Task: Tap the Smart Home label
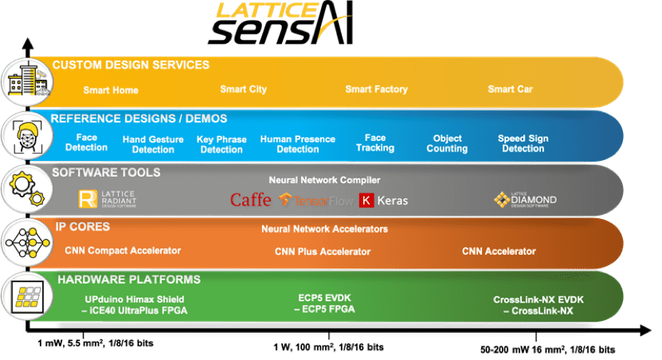coord(111,90)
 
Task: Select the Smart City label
coord(243,89)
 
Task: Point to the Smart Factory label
coord(376,89)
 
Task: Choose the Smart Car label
coord(510,89)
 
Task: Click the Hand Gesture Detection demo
coord(153,144)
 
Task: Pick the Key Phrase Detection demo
coord(221,144)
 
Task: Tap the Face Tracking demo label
coord(375,143)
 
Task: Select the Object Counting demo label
coord(447,143)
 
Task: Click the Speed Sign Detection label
coord(523,143)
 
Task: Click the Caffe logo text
coord(250,200)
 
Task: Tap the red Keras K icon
coord(367,200)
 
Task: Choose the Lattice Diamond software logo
coord(524,199)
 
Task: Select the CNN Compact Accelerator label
coord(123,251)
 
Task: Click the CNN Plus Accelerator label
coord(323,252)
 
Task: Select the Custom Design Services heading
coord(131,65)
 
